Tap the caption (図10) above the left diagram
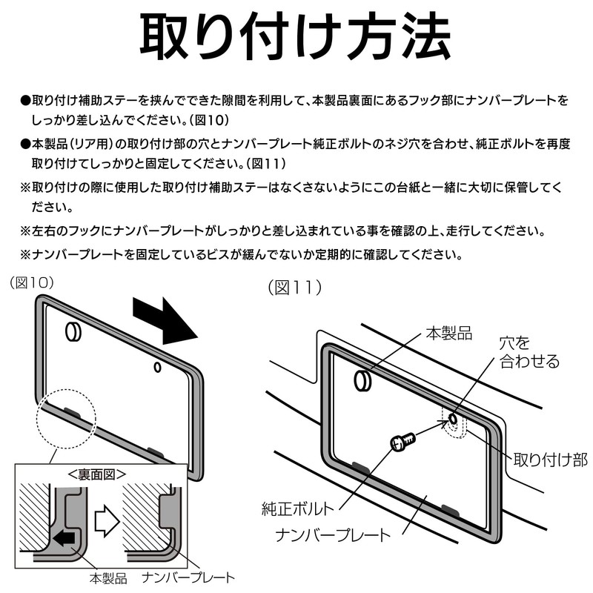click(x=33, y=282)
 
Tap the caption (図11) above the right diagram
click(x=295, y=288)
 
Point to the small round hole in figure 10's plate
click(x=157, y=366)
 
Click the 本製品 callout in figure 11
click(x=447, y=331)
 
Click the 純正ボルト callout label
click(x=297, y=509)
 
